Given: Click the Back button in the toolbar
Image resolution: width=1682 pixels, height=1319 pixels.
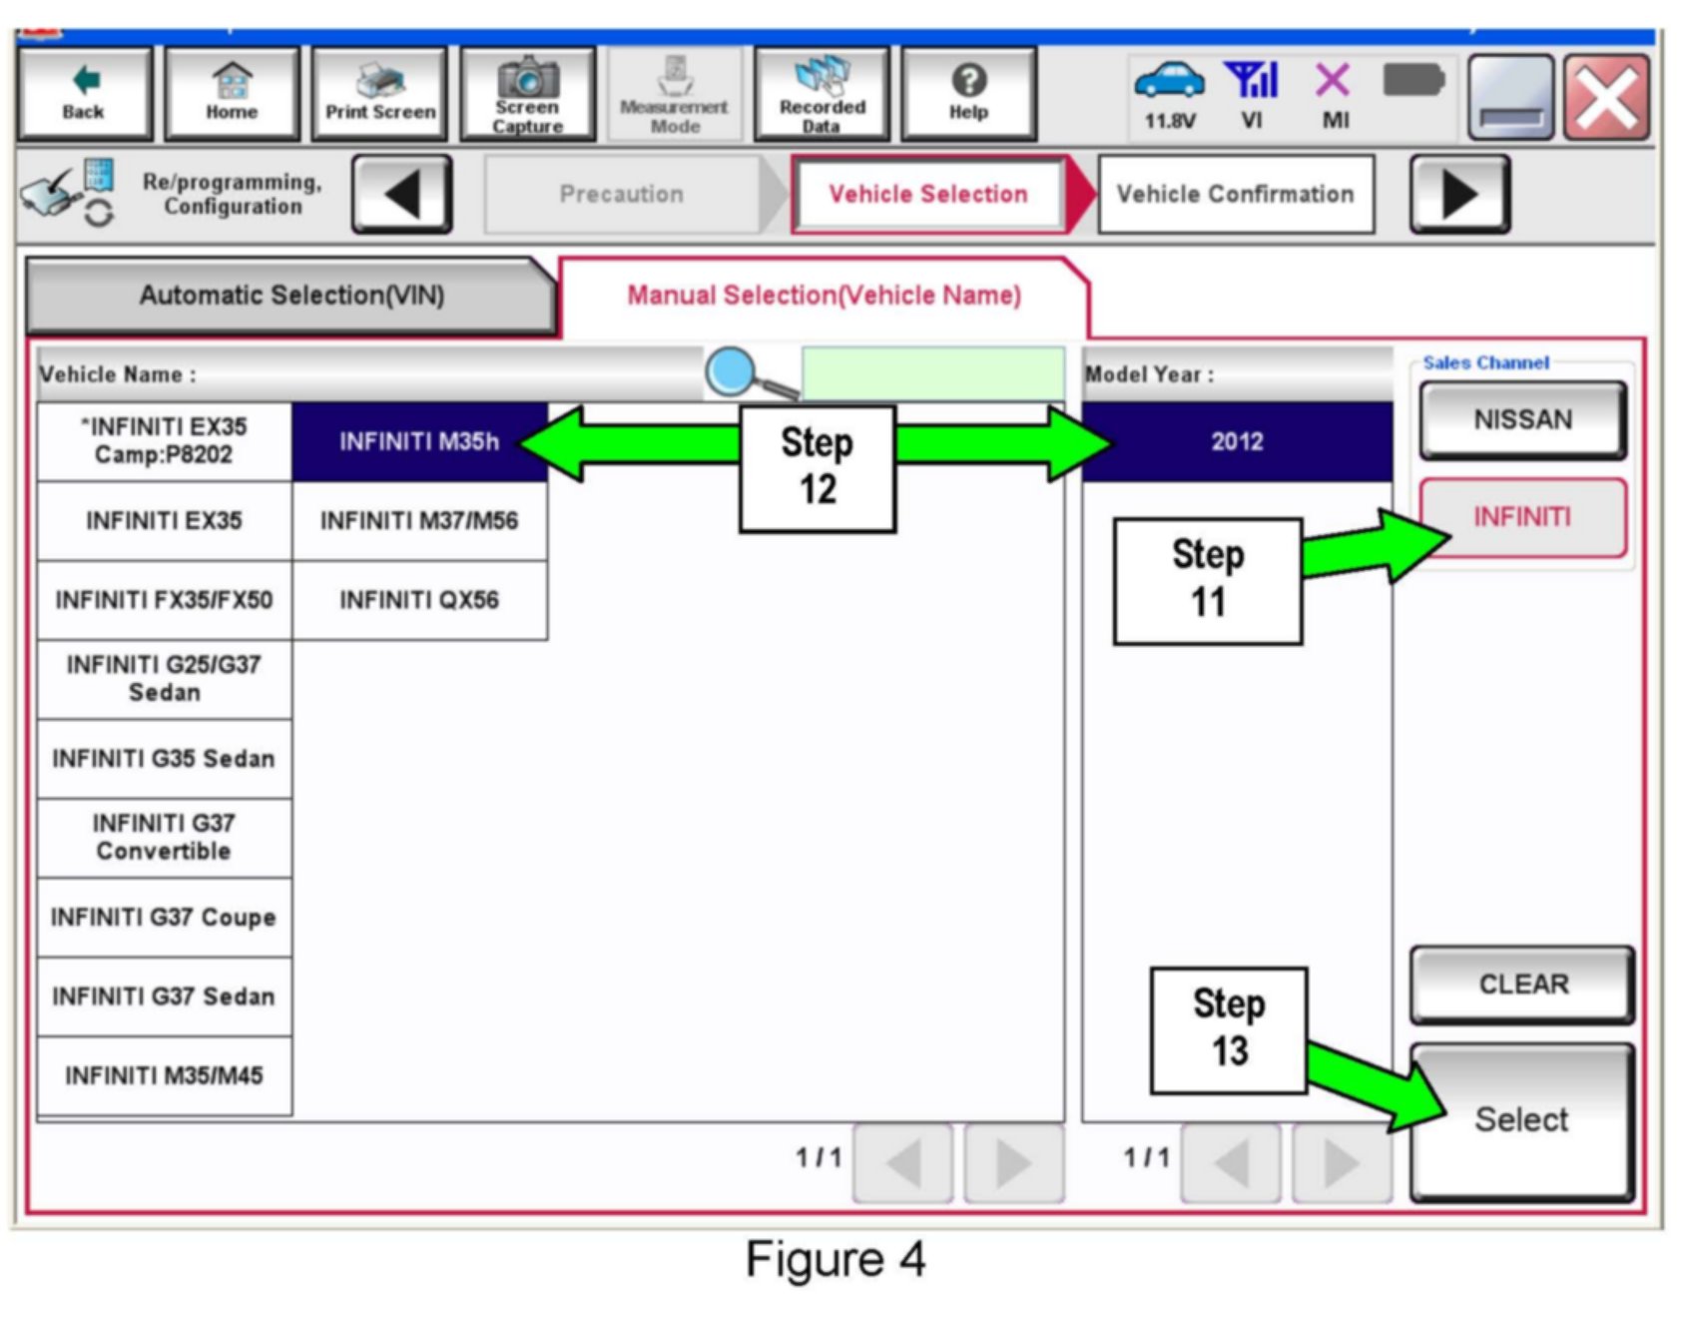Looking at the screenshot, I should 84,94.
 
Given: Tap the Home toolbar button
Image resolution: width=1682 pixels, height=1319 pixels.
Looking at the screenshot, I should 232,94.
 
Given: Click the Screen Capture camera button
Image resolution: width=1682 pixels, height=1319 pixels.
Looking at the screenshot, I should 527,94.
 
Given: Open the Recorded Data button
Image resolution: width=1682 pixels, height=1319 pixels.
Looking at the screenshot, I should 822,94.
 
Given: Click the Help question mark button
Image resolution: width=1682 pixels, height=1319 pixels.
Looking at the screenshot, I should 968,94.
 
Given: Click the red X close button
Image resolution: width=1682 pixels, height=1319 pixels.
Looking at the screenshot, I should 1606,98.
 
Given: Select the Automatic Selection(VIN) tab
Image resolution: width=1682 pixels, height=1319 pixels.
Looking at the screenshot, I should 290,296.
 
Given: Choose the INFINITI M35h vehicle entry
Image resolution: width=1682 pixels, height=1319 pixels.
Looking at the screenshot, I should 418,441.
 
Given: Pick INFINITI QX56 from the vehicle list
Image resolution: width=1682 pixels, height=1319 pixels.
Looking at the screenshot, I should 418,600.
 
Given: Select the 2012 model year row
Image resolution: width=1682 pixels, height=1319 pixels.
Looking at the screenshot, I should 1237,441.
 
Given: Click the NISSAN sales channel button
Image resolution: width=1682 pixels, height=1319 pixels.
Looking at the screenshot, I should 1522,419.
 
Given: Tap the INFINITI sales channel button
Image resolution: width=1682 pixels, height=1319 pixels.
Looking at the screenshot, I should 1522,517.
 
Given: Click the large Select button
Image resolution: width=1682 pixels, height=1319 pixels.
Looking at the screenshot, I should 1521,1120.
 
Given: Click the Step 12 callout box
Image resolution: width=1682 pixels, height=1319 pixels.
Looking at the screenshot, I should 817,467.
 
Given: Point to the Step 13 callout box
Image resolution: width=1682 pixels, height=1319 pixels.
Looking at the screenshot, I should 1228,1029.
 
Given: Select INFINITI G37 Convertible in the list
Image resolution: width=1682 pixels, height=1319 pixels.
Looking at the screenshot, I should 164,838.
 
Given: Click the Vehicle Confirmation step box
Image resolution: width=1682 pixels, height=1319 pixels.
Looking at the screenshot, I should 1235,194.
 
